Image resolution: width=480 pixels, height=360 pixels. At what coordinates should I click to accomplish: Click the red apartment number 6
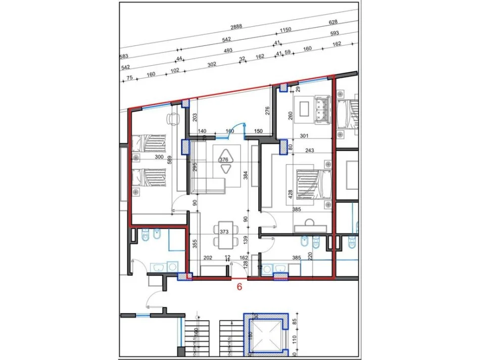tap(240, 286)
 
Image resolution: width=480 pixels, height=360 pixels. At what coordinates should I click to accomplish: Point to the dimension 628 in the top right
tap(333, 22)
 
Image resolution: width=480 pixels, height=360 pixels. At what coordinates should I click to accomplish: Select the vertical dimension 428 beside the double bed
tap(290, 195)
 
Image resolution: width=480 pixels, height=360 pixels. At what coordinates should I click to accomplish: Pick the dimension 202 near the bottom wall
tap(207, 258)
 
